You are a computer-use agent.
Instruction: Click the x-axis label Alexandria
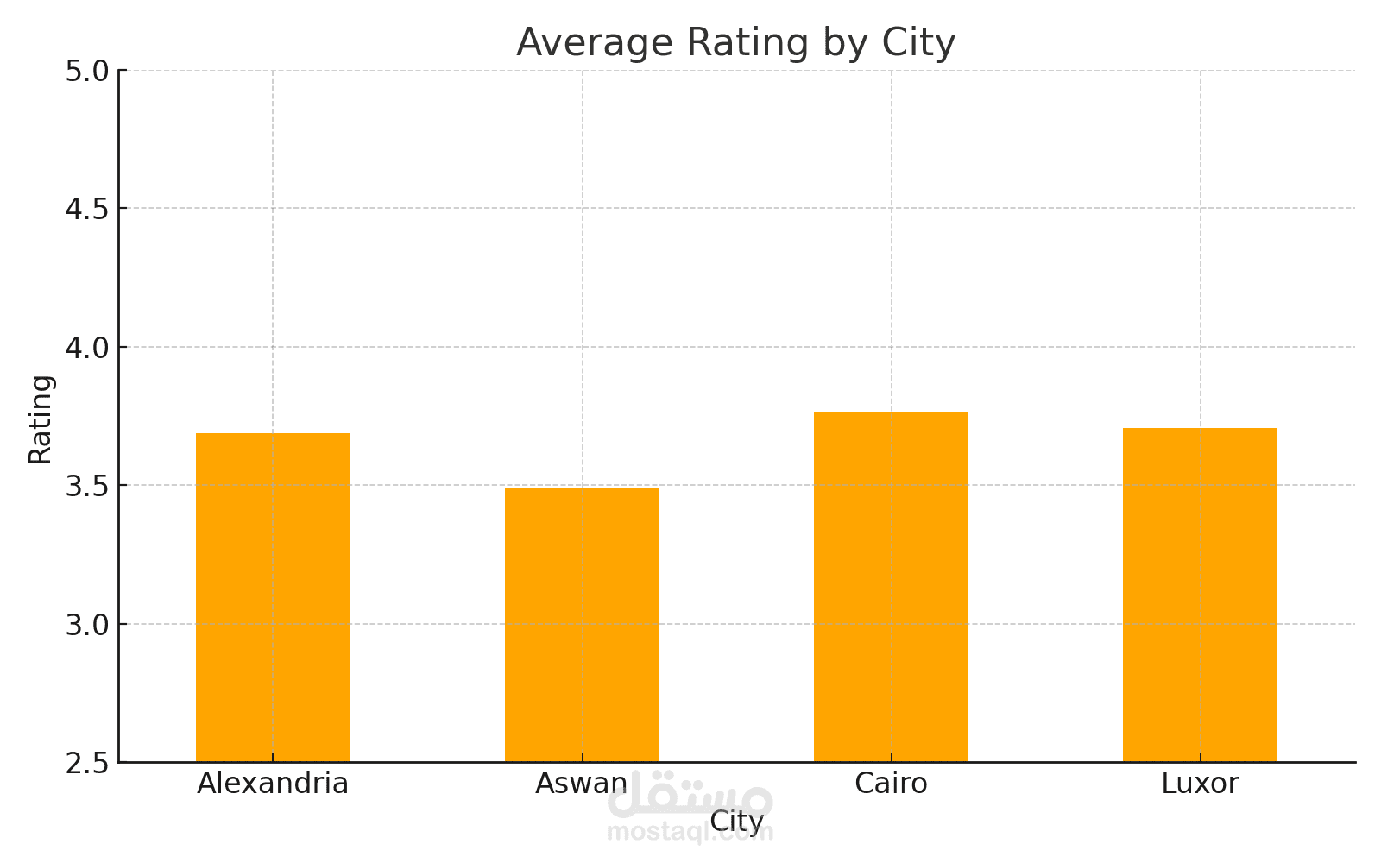pyautogui.click(x=273, y=784)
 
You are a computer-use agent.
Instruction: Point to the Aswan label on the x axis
pyautogui.click(x=580, y=784)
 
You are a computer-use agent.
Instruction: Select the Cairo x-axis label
pyautogui.click(x=891, y=784)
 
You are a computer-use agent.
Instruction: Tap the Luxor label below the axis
pyautogui.click(x=1200, y=784)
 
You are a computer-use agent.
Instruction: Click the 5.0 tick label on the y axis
pyautogui.click(x=87, y=71)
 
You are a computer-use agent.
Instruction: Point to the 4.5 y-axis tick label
pyautogui.click(x=87, y=209)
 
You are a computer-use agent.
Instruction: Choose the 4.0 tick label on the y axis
pyautogui.click(x=87, y=348)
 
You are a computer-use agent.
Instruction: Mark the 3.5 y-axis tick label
pyautogui.click(x=87, y=486)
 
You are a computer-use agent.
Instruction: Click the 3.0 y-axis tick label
pyautogui.click(x=87, y=625)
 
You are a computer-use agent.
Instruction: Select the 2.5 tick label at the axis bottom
pyautogui.click(x=87, y=763)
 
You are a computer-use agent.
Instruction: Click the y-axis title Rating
pyautogui.click(x=41, y=419)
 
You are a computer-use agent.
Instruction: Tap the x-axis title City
pyautogui.click(x=737, y=821)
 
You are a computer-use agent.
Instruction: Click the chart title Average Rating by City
pyautogui.click(x=736, y=42)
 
